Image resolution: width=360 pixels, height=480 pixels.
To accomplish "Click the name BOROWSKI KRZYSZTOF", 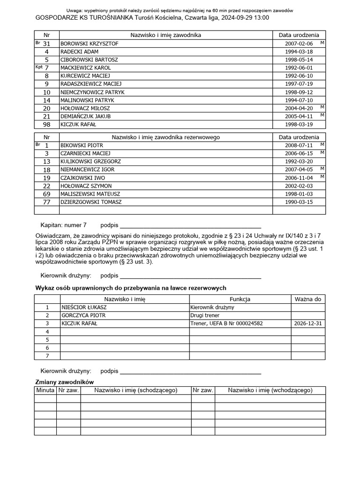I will pos(89,44).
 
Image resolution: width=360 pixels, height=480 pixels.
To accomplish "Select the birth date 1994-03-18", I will pos(299,52).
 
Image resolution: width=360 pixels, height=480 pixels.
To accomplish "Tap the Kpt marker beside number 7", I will pos(39,67).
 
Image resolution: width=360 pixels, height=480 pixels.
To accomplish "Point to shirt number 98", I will pos(46,124).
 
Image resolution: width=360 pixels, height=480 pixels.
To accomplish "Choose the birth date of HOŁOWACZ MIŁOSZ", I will pos(299,108).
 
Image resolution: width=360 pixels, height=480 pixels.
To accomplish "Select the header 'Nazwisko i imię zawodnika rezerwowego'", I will pos(165,137).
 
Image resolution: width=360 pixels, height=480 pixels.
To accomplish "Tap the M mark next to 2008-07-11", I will pos(322,144).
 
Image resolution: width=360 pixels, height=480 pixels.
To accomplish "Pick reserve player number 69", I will pos(46,194).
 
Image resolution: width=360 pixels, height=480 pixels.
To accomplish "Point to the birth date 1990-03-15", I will pos(299,202).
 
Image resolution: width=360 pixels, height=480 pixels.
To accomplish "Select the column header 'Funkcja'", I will pos(240,299).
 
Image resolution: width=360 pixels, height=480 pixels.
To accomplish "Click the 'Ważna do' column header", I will pos(308,299).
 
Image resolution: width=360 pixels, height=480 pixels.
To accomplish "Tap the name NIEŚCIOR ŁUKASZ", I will pos(84,307).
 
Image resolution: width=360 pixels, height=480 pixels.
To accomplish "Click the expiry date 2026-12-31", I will pos(308,323).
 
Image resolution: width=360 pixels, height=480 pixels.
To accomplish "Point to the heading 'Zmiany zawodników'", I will pos(65,382).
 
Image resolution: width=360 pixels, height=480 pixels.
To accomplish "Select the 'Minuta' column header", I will pos(45,390).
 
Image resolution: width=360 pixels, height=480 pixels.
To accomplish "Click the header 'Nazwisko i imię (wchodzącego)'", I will pos(270,390).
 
